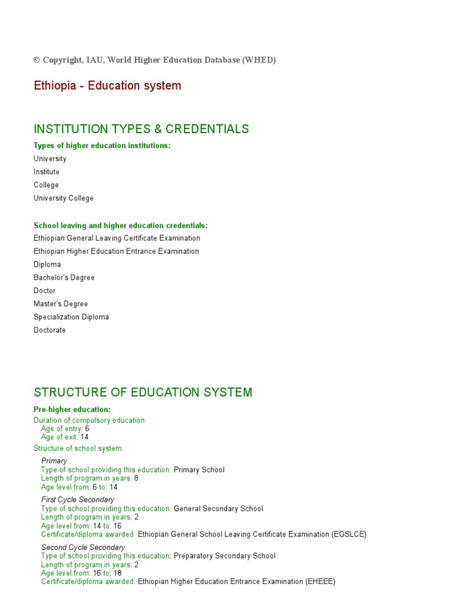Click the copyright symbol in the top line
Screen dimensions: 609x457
click(x=37, y=60)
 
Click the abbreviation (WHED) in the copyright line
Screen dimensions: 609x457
click(x=259, y=60)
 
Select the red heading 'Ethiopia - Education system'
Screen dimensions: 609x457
click(x=107, y=86)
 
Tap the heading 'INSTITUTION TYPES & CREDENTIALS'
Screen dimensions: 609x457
click(x=141, y=129)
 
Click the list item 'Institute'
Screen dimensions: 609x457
click(x=46, y=172)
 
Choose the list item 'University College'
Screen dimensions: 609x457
click(x=63, y=198)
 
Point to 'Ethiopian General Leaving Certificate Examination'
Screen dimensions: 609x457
click(x=117, y=238)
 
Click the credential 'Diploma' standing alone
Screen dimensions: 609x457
click(x=47, y=265)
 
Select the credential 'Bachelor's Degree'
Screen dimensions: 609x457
click(x=64, y=278)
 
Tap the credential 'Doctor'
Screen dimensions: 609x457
click(x=45, y=291)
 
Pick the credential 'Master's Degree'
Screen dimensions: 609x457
click(x=61, y=304)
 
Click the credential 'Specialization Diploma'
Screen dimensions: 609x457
click(x=71, y=317)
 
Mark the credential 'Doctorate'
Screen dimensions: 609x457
click(x=49, y=330)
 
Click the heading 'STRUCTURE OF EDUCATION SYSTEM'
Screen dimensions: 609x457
click(x=143, y=393)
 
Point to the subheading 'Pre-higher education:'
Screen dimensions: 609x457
click(x=72, y=410)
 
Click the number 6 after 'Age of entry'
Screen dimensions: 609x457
click(x=87, y=428)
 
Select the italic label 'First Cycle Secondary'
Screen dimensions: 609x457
click(x=77, y=500)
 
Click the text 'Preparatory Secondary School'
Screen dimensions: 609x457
click(x=224, y=556)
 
